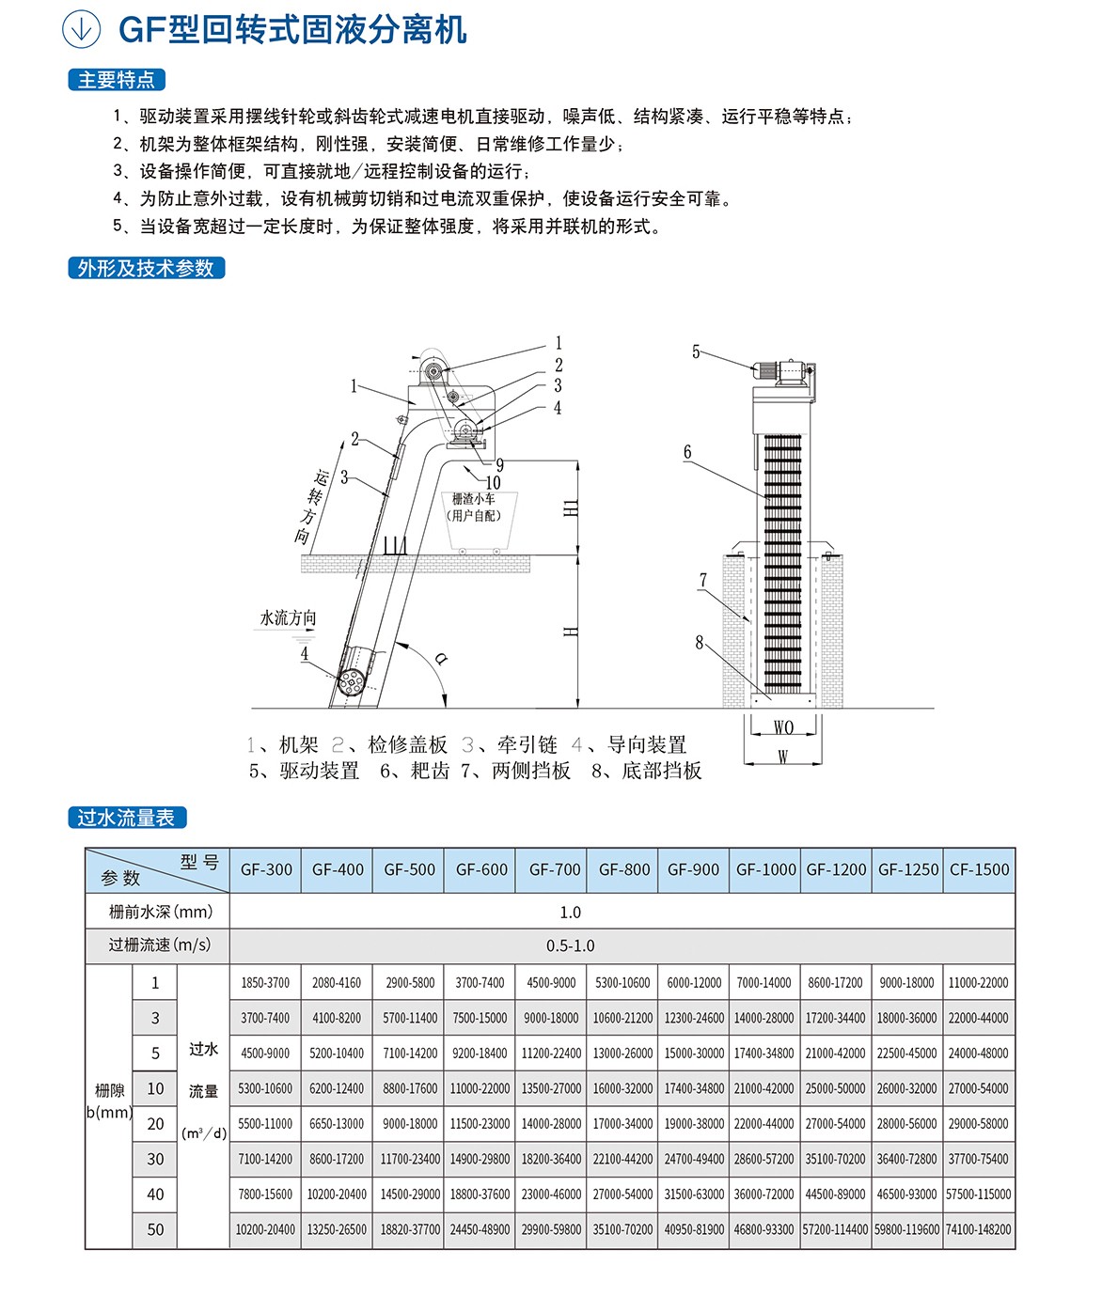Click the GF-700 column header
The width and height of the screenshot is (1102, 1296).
click(x=555, y=869)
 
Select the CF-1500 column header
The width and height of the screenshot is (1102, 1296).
click(x=979, y=869)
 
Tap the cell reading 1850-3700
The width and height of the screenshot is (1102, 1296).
click(x=265, y=982)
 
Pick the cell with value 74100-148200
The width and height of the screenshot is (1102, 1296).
click(x=979, y=1228)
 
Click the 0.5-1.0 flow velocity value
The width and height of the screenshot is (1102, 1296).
click(x=571, y=945)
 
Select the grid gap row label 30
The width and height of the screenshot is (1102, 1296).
click(x=155, y=1159)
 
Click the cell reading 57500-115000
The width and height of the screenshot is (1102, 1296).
click(x=979, y=1194)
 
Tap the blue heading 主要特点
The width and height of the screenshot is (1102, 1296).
click(x=117, y=80)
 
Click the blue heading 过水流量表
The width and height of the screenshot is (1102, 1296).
click(x=126, y=818)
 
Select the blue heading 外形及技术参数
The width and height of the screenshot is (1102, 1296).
click(x=146, y=268)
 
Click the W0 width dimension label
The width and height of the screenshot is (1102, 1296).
click(x=783, y=727)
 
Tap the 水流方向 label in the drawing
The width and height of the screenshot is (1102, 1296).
click(x=288, y=617)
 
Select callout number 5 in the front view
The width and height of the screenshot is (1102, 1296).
click(x=696, y=351)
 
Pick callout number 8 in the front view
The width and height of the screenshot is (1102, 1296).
click(x=699, y=643)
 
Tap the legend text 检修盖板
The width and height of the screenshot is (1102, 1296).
click(x=407, y=745)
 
